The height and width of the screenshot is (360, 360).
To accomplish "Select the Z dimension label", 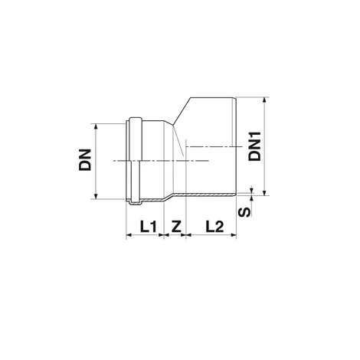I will tap(177, 226).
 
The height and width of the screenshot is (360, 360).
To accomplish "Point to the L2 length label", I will tap(214, 226).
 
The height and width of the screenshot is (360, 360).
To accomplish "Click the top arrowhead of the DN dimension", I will tap(95, 125).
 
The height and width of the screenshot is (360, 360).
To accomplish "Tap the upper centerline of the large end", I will tap(211, 145).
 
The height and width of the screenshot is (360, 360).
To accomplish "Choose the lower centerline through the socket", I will tap(153, 160).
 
